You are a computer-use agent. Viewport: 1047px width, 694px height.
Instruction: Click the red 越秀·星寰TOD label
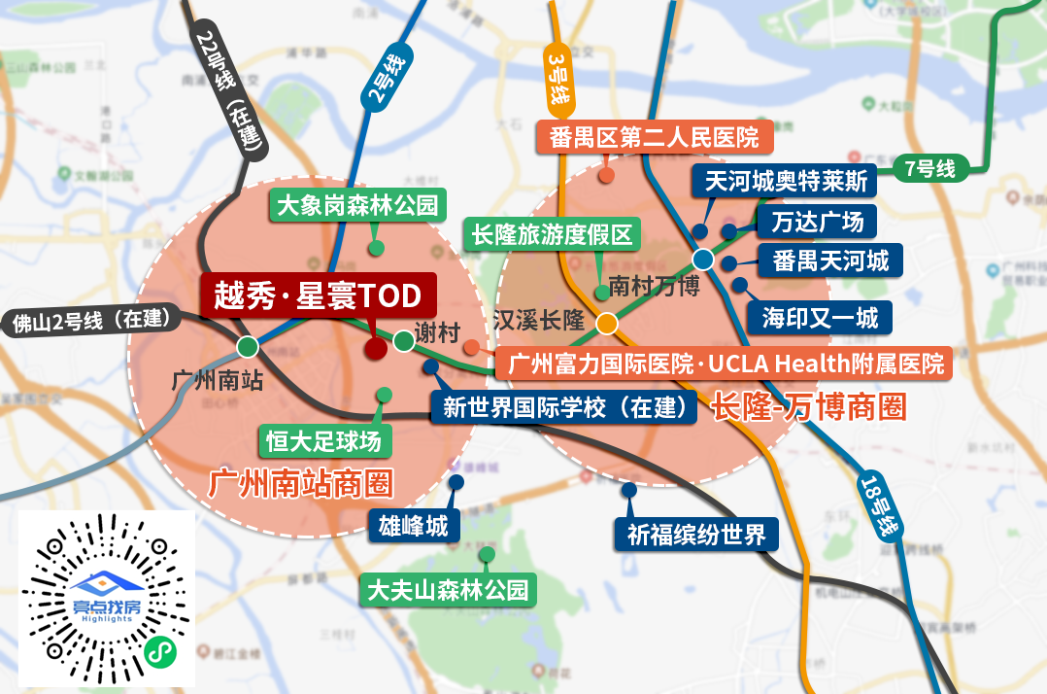pos(319,295)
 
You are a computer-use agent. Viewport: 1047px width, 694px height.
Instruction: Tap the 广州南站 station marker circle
pos(248,346)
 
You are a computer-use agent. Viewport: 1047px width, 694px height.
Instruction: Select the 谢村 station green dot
pos(404,340)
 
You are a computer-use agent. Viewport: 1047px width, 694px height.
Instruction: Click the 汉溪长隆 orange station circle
pos(607,323)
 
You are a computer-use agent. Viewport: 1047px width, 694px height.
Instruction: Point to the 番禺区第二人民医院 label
pos(654,136)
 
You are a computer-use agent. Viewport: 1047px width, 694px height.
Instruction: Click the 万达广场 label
pos(817,222)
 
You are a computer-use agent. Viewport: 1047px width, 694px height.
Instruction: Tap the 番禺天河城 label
pos(830,260)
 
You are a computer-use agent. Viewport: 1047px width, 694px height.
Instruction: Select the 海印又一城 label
pos(819,318)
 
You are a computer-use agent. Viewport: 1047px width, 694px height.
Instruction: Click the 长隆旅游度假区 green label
pos(551,235)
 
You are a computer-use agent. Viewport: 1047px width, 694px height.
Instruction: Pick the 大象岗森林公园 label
pos(357,206)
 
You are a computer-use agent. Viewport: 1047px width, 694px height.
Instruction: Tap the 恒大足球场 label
pos(325,441)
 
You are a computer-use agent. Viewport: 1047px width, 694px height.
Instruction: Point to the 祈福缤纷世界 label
pos(696,534)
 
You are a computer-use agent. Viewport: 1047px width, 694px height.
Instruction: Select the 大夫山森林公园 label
pos(447,590)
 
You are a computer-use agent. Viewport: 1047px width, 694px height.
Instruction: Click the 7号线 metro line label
pos(929,168)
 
